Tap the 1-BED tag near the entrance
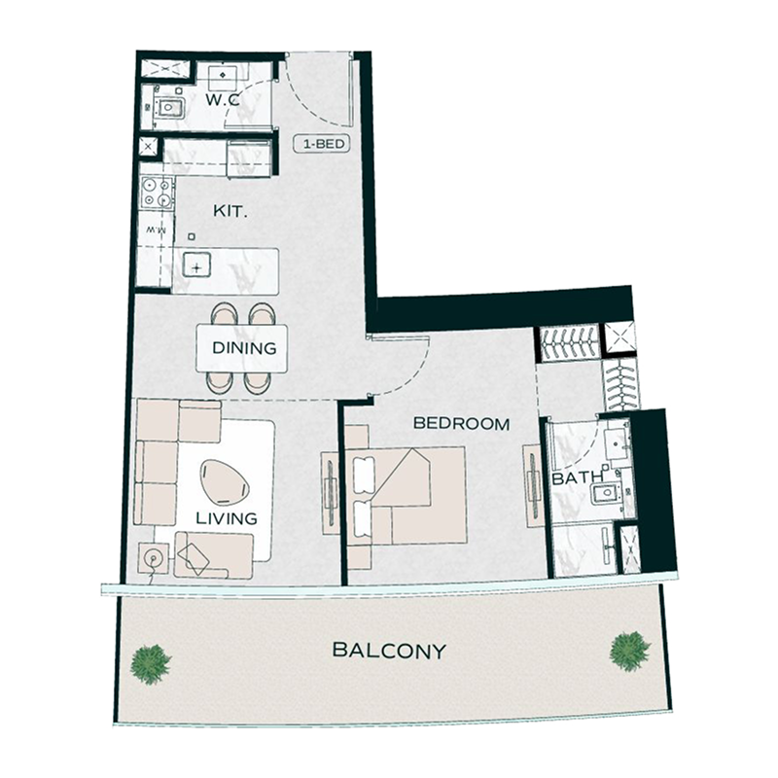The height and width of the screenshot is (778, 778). pos(322,146)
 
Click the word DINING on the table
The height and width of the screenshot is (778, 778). pos(244,348)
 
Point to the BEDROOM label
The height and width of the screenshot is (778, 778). pos(462,423)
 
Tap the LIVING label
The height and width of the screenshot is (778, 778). pos(227,518)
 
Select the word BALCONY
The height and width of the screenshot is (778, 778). pos(389,651)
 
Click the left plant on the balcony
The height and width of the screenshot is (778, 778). pos(152,663)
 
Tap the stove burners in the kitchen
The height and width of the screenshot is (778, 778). pos(156,193)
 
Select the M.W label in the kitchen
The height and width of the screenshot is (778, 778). pos(153,231)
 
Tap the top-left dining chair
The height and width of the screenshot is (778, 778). pos(225,314)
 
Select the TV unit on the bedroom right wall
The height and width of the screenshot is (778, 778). pos(532,486)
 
